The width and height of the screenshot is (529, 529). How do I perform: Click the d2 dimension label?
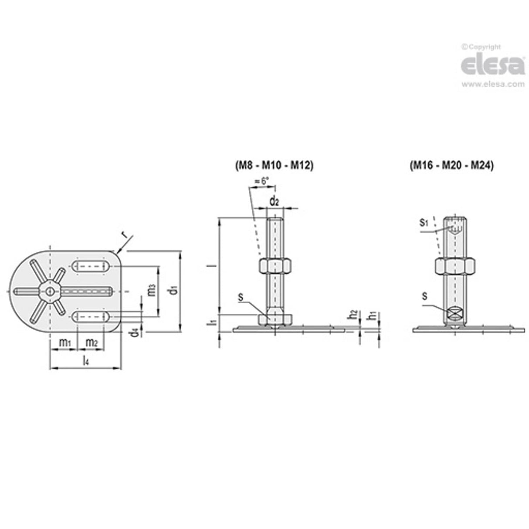pos(274,201)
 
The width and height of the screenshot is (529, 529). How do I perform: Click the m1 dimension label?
pos(64,343)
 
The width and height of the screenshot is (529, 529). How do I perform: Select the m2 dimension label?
pos(92,343)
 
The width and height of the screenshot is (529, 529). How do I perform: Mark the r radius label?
pos(125,236)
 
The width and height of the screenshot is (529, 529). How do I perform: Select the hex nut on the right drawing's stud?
pos(455,266)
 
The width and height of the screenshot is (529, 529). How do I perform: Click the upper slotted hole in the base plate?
pos(92,267)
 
